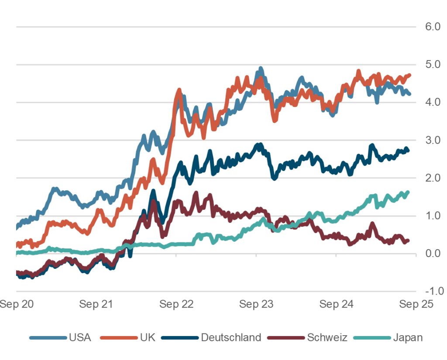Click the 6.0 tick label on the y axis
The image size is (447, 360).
coord(430,27)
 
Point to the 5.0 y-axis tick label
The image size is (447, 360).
coord(430,65)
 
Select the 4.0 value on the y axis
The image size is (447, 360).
coord(430,103)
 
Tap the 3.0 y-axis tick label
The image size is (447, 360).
coord(430,140)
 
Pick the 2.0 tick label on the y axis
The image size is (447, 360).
coord(430,178)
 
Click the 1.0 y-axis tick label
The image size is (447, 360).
coord(430,216)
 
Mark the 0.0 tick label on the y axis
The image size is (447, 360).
coord(430,254)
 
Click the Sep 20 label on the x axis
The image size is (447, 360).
coord(16,305)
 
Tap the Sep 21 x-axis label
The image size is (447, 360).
coord(96,305)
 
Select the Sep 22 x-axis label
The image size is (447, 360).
coord(176,305)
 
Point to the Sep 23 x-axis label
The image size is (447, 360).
coord(256,305)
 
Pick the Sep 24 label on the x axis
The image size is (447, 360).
coord(336,305)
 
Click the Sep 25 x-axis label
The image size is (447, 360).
coord(416,305)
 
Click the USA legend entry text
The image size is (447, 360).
coord(80,337)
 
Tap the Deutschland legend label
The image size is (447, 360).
coord(231,337)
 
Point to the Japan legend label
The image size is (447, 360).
coord(408,337)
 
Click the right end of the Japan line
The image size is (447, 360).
coord(408,192)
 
